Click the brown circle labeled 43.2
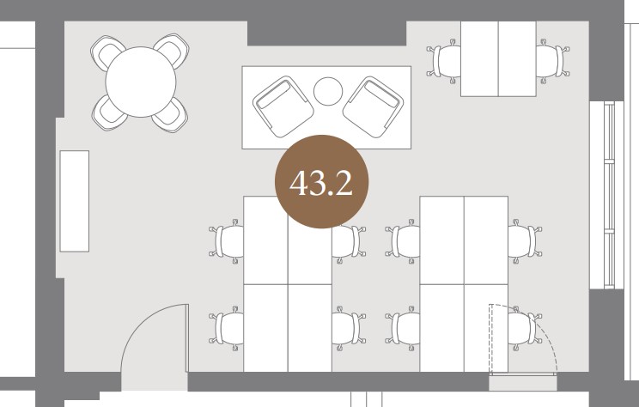click(321, 182)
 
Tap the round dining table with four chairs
click(141, 82)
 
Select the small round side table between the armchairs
click(328, 91)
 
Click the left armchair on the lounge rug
click(283, 106)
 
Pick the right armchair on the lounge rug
click(374, 106)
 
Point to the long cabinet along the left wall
click(75, 201)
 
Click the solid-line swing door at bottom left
click(155, 337)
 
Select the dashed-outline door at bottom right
click(523, 339)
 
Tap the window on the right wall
click(607, 195)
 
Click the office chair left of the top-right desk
click(444, 61)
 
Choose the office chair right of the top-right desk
click(552, 61)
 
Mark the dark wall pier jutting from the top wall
click(327, 33)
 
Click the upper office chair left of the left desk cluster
click(227, 241)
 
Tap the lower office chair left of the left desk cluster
click(227, 328)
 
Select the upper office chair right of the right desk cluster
click(525, 241)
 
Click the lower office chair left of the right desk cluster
click(403, 328)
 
